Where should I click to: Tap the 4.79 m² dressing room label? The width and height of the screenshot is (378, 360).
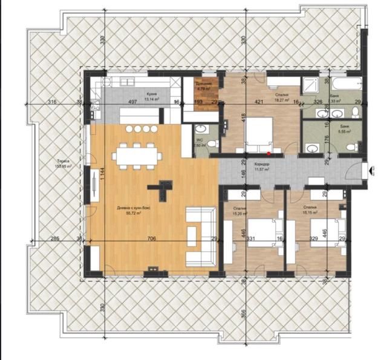pyautogui.click(x=203, y=87)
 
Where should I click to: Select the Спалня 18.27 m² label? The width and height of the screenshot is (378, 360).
pyautogui.click(x=281, y=98)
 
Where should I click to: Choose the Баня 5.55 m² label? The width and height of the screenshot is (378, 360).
pyautogui.click(x=345, y=129)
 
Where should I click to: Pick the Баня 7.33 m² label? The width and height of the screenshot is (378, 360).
pyautogui.click(x=334, y=99)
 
